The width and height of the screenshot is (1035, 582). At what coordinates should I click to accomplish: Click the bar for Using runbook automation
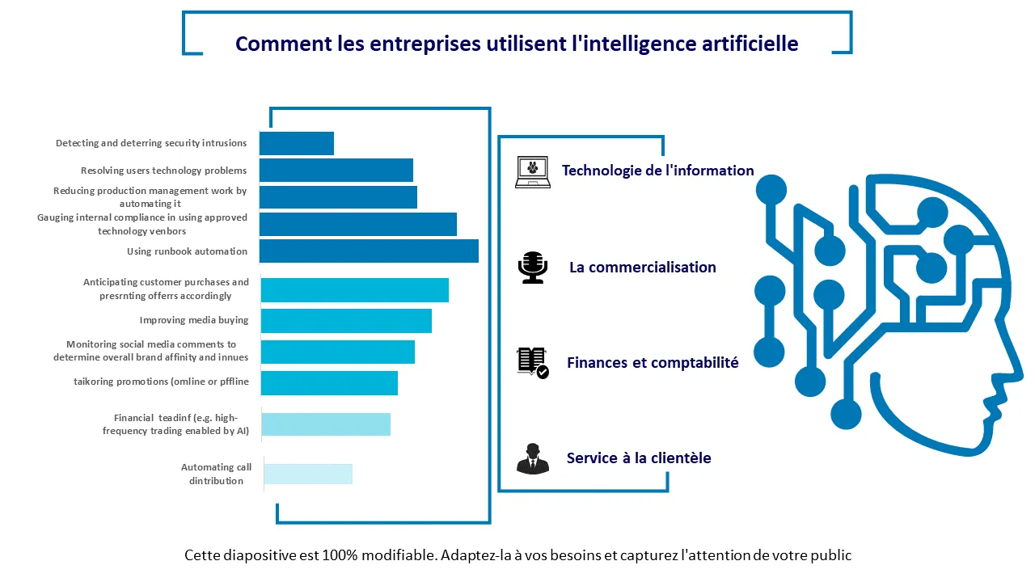click(x=369, y=251)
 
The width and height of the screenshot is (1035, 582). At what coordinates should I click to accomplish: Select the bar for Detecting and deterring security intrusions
click(x=297, y=143)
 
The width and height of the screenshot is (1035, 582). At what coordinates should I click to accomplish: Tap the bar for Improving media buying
click(x=346, y=321)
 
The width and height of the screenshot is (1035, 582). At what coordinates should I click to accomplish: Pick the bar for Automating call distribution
click(x=308, y=474)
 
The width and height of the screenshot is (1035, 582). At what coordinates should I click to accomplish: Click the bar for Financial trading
click(x=326, y=424)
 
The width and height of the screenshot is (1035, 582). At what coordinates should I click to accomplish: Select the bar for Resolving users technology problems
click(x=336, y=171)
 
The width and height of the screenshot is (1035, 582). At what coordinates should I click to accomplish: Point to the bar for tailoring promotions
click(x=329, y=383)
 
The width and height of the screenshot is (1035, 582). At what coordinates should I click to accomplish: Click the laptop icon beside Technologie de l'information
click(x=532, y=172)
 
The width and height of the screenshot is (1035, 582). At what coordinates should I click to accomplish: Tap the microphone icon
click(x=532, y=268)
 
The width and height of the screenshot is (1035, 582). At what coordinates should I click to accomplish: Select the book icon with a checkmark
click(x=532, y=363)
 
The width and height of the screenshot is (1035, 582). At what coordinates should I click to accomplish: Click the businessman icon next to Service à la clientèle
click(x=532, y=458)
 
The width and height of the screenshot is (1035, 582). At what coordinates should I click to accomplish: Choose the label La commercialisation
click(x=643, y=268)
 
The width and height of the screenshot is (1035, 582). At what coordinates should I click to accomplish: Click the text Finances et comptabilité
click(x=653, y=363)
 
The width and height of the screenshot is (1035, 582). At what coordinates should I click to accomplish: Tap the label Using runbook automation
click(x=187, y=251)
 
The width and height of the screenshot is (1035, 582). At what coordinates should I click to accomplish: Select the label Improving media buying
click(x=194, y=320)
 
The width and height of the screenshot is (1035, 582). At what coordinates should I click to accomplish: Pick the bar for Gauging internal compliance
click(x=358, y=225)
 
